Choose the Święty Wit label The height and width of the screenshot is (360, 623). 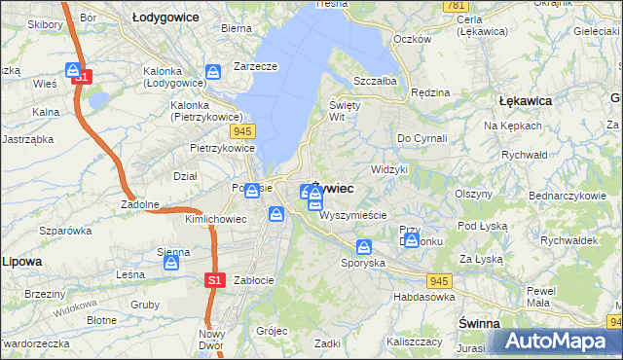345,110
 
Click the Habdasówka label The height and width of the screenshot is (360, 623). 424,297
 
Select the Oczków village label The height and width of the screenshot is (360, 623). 411,39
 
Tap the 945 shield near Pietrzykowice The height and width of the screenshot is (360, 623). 243,129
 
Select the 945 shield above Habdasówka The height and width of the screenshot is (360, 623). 440,280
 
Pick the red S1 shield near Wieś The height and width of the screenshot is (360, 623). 82,76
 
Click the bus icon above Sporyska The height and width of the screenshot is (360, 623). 364,247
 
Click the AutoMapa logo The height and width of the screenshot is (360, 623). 556,341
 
